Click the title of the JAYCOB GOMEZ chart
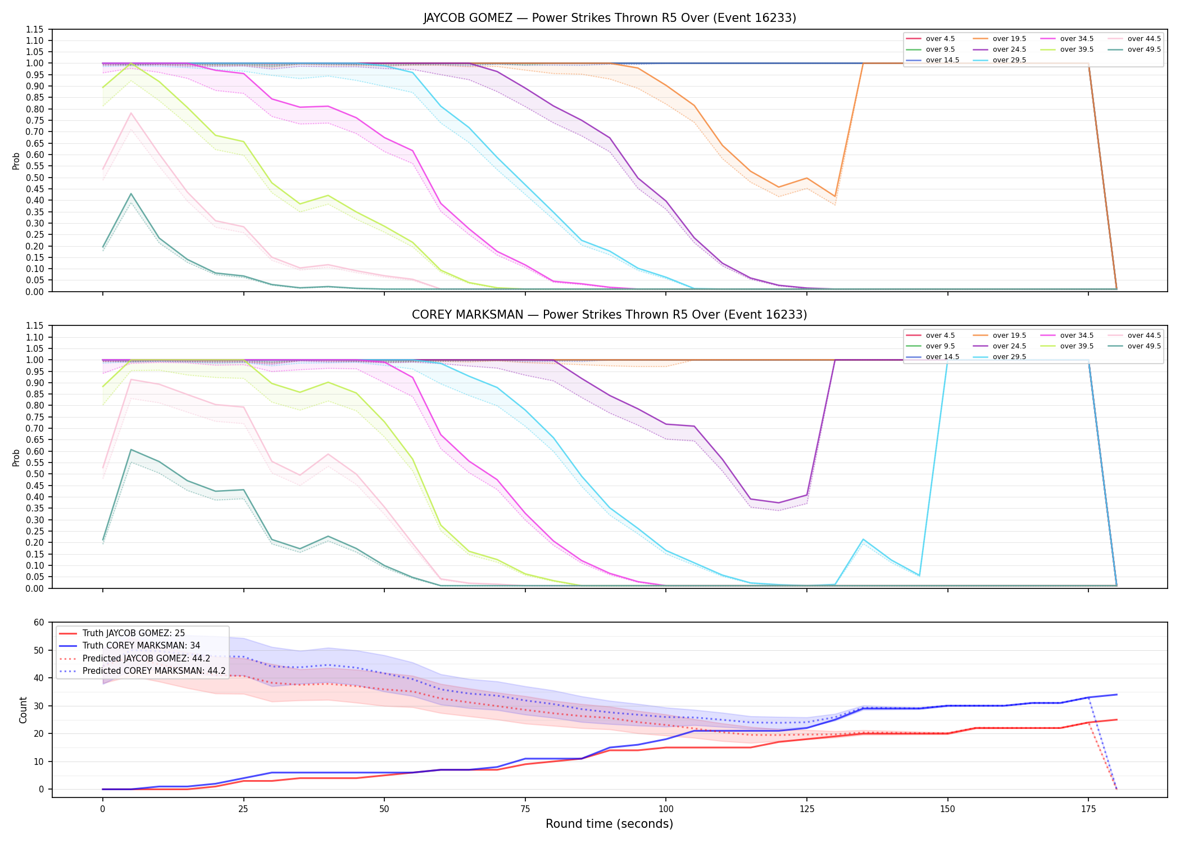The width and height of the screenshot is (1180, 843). (610, 18)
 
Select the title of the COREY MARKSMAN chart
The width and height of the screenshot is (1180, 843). (610, 315)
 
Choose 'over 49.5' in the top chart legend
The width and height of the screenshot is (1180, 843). (1144, 49)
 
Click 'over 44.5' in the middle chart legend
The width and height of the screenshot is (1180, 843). (1144, 336)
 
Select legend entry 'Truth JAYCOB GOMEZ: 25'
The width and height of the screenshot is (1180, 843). (134, 633)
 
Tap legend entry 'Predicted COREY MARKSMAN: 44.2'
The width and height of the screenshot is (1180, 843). (154, 671)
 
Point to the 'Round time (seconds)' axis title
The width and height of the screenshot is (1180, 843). (610, 824)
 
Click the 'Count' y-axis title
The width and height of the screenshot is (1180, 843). (23, 710)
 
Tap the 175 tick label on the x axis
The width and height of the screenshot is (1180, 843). (1088, 809)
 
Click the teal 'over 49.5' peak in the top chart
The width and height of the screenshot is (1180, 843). (131, 194)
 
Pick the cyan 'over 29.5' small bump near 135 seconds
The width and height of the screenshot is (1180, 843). (863, 540)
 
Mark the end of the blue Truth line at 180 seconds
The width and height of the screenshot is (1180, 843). (1117, 695)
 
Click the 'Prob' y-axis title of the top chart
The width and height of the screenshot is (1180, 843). (16, 161)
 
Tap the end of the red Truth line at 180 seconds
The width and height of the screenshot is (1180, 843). (1117, 720)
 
